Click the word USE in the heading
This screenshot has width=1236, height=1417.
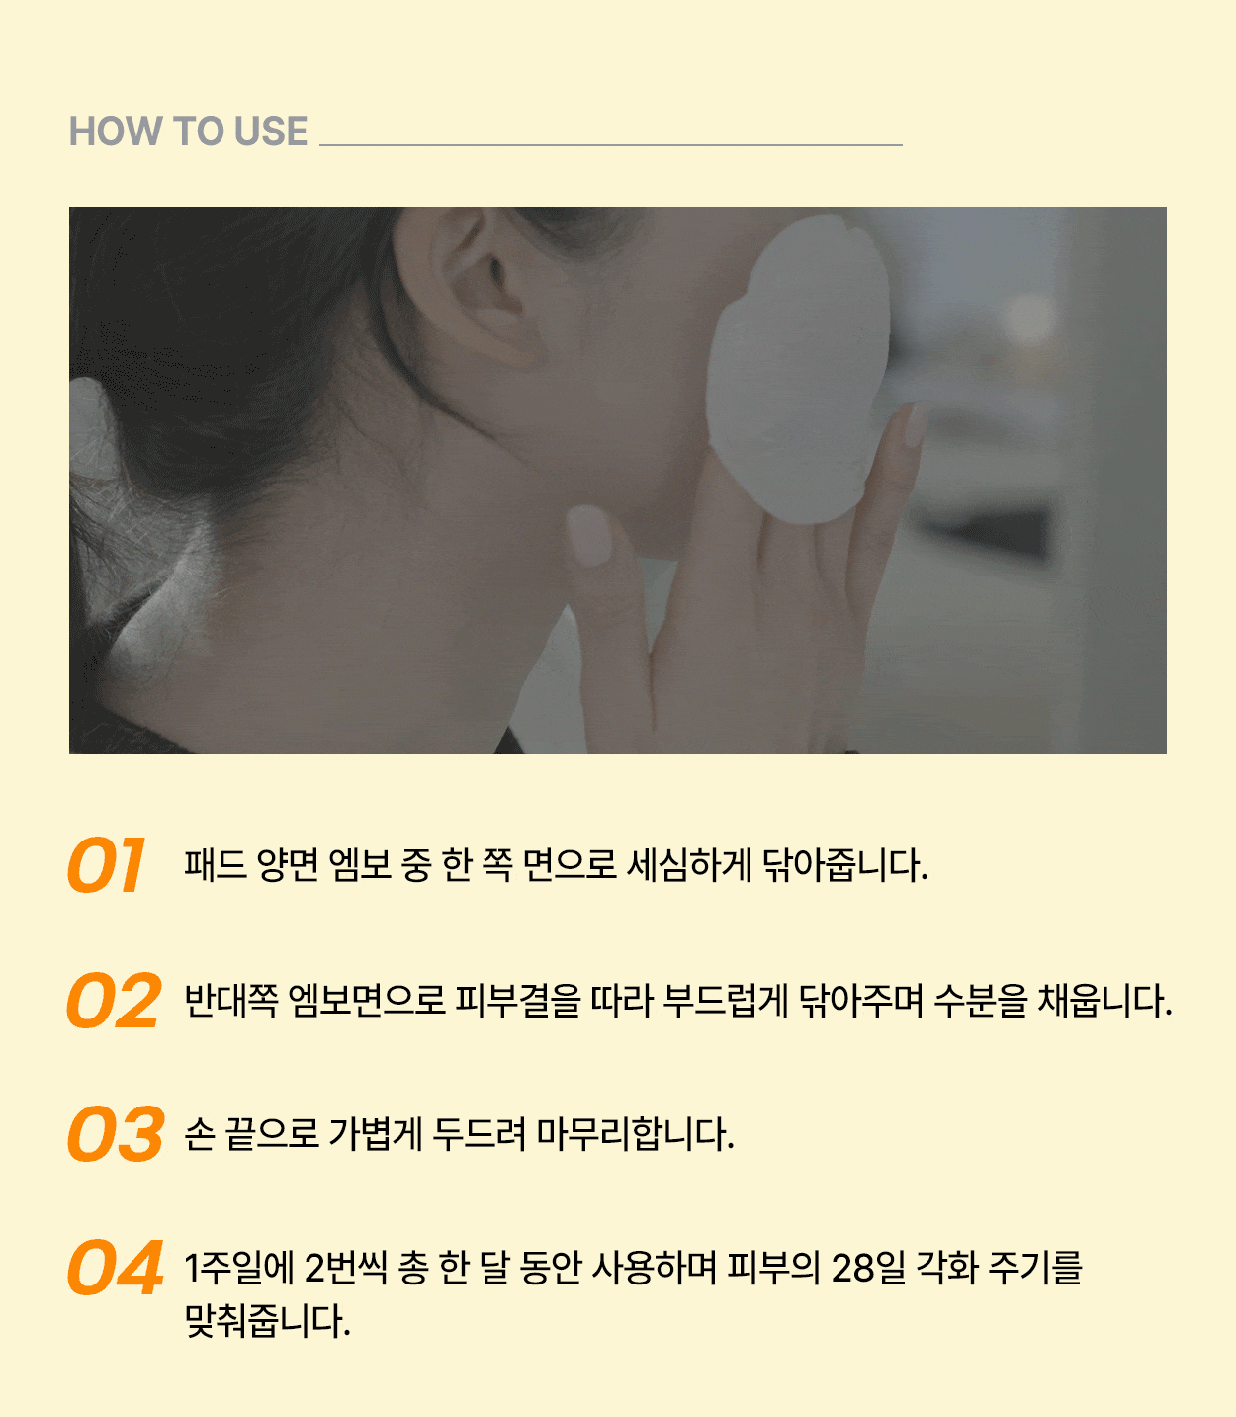click(271, 131)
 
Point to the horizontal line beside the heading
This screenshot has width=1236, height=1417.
click(611, 145)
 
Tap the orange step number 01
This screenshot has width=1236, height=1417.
click(106, 864)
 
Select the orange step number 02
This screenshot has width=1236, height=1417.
click(115, 1000)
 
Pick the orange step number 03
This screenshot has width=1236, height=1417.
click(116, 1134)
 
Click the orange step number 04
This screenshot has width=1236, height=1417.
click(116, 1268)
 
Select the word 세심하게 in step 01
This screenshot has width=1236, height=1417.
click(688, 865)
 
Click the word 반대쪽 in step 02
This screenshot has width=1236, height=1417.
click(231, 1001)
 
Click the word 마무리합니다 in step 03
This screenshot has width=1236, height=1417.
click(635, 1134)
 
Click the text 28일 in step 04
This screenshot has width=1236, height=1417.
click(868, 1268)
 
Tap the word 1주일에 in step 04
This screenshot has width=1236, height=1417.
click(239, 1268)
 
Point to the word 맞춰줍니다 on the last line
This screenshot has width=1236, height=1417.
click(267, 1321)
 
